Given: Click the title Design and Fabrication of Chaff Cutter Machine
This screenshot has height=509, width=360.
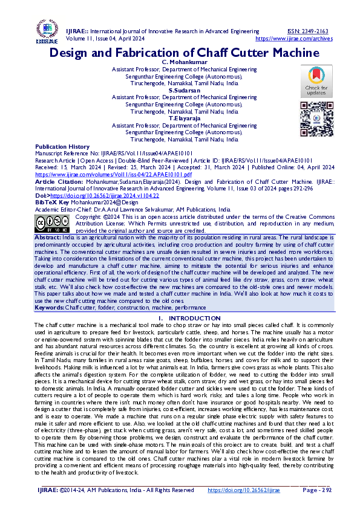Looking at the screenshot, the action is tap(184, 53).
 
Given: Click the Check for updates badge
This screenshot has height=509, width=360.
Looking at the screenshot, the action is tap(316, 81).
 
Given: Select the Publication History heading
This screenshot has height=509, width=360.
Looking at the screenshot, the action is tap(62, 147).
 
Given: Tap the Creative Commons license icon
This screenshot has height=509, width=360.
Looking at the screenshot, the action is tap(52, 222).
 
